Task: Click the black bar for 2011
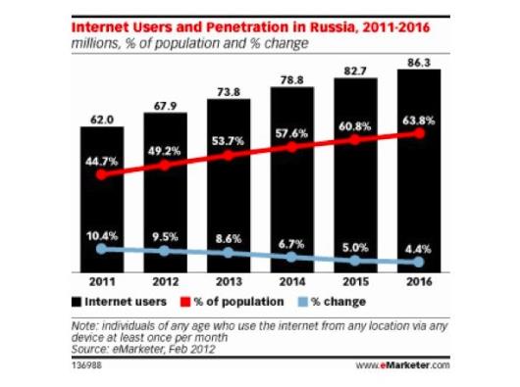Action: click(102, 200)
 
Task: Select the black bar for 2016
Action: click(419, 170)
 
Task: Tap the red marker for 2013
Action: click(229, 155)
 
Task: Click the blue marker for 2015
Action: click(355, 261)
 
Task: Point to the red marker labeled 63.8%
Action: click(420, 133)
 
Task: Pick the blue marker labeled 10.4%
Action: click(102, 249)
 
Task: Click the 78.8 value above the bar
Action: click(291, 80)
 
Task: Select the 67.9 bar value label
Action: click(165, 106)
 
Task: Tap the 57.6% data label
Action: click(291, 133)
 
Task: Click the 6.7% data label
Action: click(291, 244)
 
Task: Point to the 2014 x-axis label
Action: click(291, 282)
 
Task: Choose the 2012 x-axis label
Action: click(165, 282)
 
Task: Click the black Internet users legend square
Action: click(77, 302)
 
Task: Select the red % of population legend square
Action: click(185, 302)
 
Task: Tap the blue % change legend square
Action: click(303, 302)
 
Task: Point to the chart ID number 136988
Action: click(86, 365)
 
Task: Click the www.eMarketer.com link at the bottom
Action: click(403, 365)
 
